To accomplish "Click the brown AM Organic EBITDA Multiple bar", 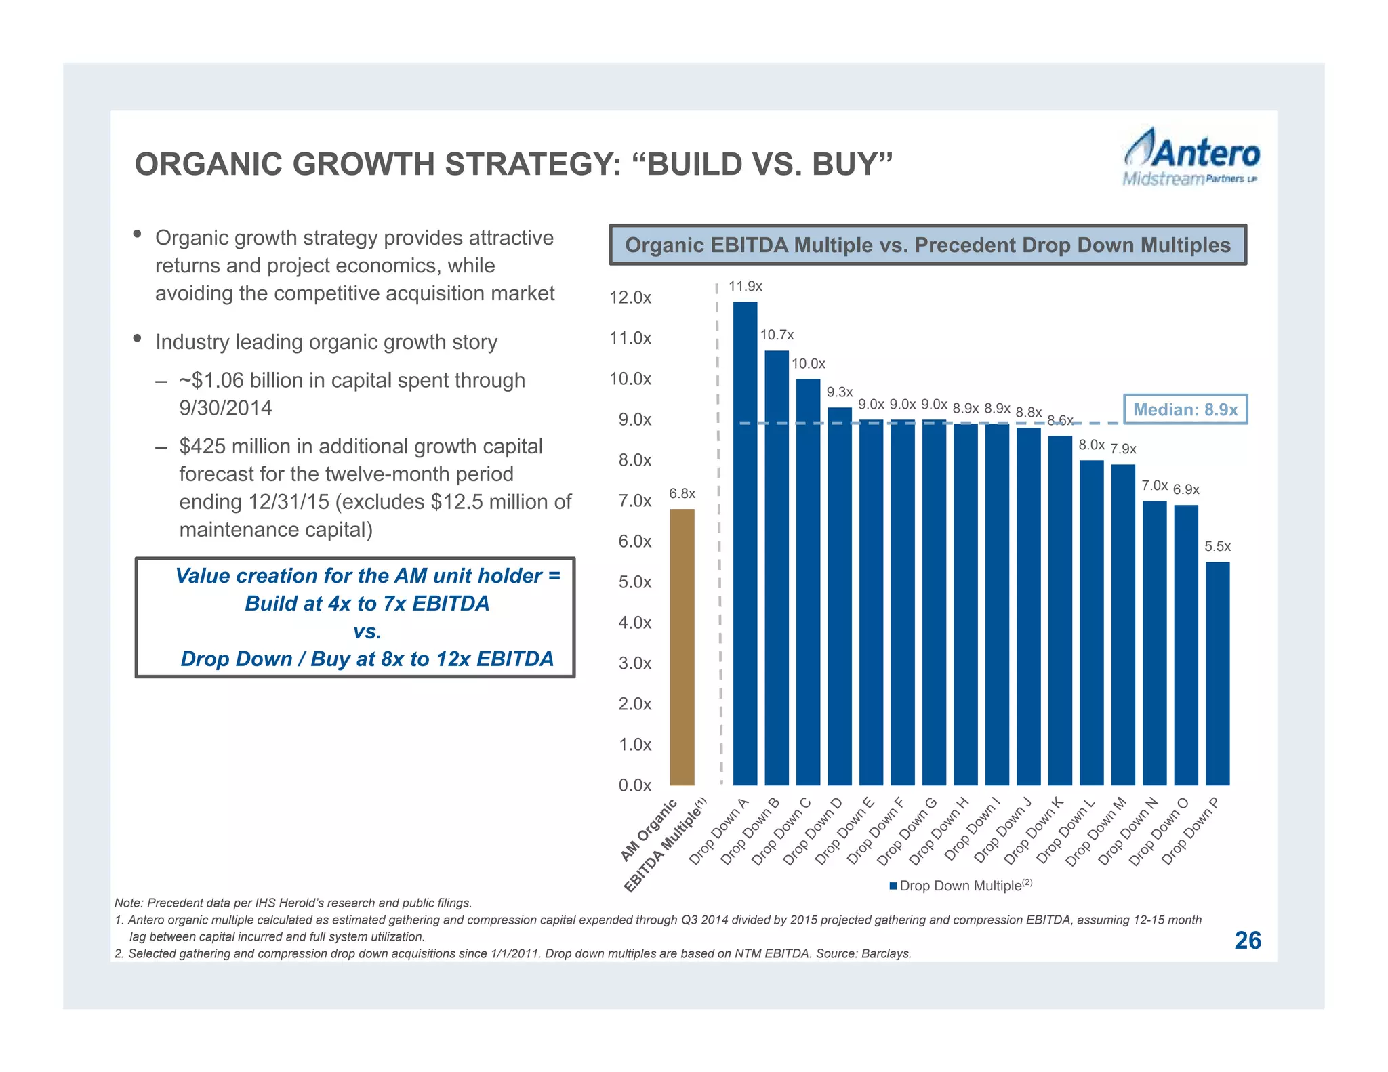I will (682, 646).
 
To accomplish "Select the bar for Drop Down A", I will (745, 542).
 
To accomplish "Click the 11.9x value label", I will (746, 287).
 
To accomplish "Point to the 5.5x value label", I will (1217, 546).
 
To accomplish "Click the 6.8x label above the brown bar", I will (682, 494).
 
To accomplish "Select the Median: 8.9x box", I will (1185, 409).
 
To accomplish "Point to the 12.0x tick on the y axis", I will (630, 297).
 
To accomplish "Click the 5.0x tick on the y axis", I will (634, 582).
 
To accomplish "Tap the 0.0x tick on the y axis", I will (634, 785).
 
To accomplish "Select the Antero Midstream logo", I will (1191, 157).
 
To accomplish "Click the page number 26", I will (1247, 941).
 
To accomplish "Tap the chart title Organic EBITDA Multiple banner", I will (927, 245).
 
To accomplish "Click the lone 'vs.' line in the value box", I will (367, 632).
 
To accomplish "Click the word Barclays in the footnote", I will (886, 954).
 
